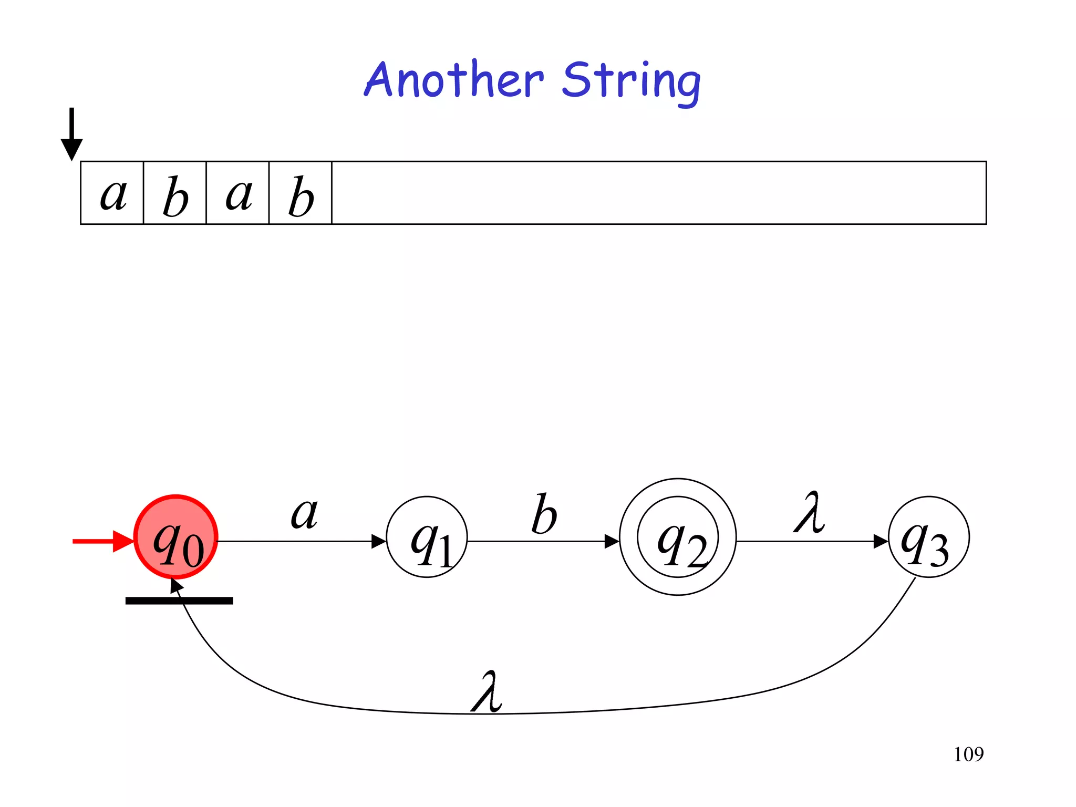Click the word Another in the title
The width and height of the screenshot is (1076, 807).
click(x=454, y=80)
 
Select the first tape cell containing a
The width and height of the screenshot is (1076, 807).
click(x=112, y=193)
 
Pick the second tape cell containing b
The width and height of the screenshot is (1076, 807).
click(x=175, y=193)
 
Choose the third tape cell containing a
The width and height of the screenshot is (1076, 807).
click(x=238, y=193)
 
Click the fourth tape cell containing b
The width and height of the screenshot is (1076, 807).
click(x=301, y=193)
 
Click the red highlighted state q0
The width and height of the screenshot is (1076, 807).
click(x=176, y=537)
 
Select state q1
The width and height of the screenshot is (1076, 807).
click(x=427, y=537)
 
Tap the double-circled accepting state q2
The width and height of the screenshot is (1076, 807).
click(x=678, y=537)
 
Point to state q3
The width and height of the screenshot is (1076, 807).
click(x=928, y=537)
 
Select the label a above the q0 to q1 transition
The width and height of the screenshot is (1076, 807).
click(x=304, y=513)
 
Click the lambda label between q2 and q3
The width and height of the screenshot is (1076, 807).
click(x=809, y=513)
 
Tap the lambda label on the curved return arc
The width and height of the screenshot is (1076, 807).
click(x=487, y=692)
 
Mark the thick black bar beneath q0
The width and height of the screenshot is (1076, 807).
click(x=179, y=601)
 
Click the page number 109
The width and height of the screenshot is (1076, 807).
click(x=968, y=754)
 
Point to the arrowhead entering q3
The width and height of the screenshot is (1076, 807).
click(x=881, y=541)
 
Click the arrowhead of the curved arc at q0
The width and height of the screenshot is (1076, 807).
click(x=176, y=585)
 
